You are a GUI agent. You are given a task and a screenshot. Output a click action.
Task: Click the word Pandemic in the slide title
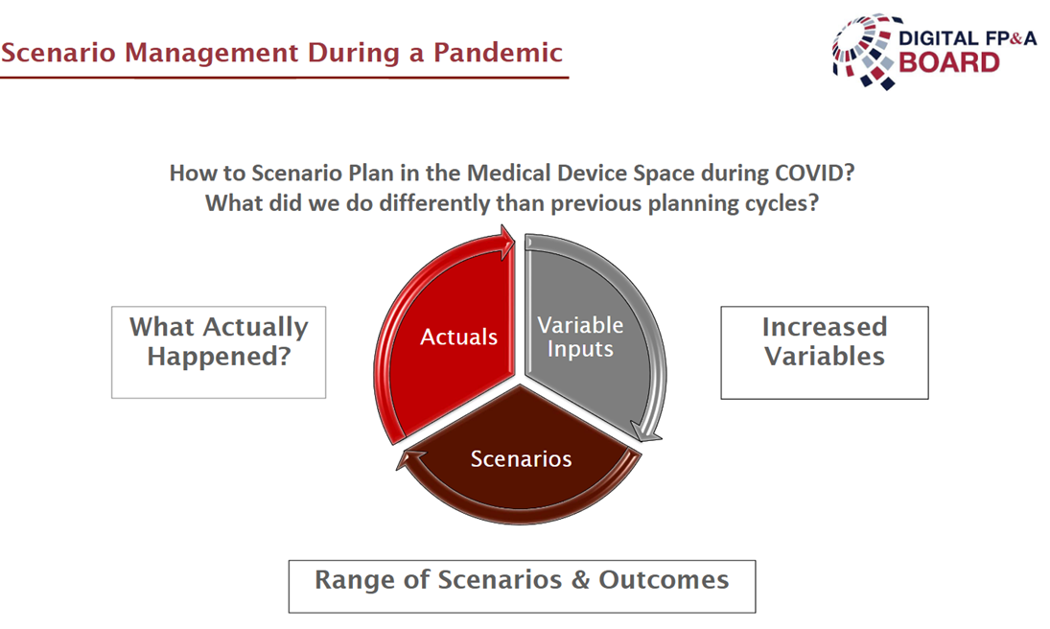tap(498, 52)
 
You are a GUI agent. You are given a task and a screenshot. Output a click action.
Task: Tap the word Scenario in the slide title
tap(57, 52)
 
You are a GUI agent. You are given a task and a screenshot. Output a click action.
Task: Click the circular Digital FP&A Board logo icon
tap(864, 52)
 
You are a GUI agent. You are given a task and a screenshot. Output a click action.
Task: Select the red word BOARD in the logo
tap(949, 62)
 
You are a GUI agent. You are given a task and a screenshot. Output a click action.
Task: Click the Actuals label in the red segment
tap(458, 337)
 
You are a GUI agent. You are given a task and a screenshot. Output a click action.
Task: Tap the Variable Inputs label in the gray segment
tap(580, 337)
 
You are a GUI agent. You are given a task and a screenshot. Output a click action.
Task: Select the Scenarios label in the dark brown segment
tap(521, 459)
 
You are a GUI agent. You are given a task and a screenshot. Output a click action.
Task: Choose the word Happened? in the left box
tap(219, 357)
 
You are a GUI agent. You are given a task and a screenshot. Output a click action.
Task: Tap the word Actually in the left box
tap(256, 327)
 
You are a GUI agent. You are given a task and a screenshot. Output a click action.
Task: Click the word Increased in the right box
tap(825, 326)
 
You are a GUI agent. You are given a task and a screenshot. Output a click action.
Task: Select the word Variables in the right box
tap(825, 357)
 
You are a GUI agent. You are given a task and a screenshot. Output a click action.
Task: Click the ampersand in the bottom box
tap(580, 580)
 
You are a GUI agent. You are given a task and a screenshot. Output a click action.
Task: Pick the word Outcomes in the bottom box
tap(664, 580)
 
